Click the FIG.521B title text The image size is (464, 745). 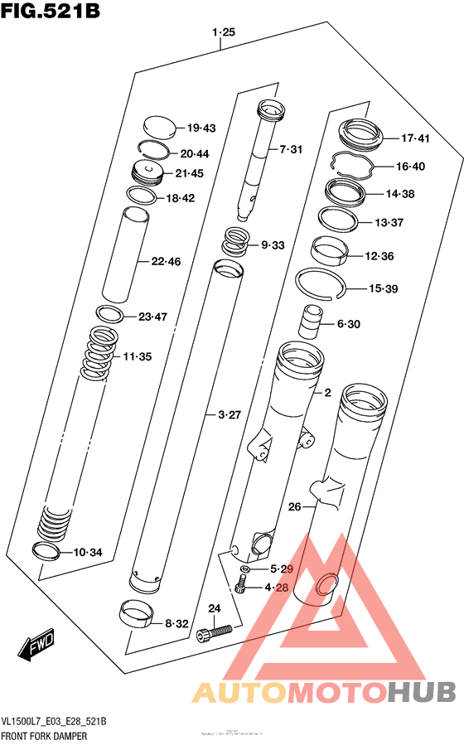(x=51, y=13)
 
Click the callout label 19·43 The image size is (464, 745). (x=201, y=128)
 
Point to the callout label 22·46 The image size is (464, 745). (x=166, y=261)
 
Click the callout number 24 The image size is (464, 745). (x=214, y=609)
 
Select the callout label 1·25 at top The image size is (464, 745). (x=224, y=32)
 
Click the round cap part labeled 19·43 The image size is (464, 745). (x=160, y=127)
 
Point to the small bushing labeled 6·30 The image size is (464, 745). (x=310, y=322)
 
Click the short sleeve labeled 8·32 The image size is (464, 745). (x=137, y=616)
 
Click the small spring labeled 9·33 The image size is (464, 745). (x=236, y=244)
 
